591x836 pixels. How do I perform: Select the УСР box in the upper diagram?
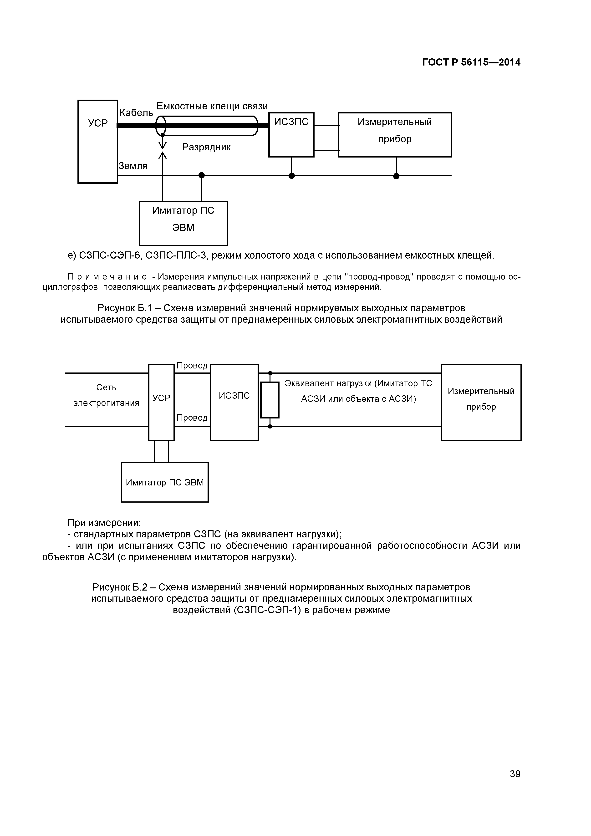[x=98, y=141]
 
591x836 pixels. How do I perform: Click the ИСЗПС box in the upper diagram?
[x=291, y=134]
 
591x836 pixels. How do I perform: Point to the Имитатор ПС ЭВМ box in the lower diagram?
[x=165, y=482]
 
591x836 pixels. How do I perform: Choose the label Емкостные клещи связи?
[x=212, y=106]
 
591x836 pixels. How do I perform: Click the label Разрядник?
[x=206, y=147]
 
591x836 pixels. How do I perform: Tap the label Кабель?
[x=136, y=113]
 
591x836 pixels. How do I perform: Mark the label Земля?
[x=133, y=166]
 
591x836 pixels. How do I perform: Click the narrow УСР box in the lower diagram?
[x=161, y=402]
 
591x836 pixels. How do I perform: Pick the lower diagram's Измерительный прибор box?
[x=481, y=402]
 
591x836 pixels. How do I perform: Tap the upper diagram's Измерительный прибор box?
[x=395, y=134]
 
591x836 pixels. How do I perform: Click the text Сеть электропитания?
[x=106, y=395]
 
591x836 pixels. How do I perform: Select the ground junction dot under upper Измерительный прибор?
[x=396, y=176]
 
